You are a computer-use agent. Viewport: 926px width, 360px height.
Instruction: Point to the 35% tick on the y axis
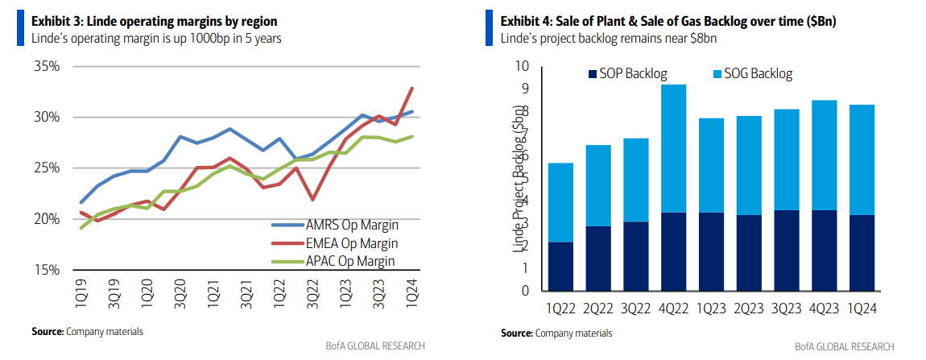pos(45,66)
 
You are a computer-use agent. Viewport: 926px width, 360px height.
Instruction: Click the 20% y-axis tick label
pos(45,219)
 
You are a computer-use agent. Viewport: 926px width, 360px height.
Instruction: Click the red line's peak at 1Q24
pos(412,88)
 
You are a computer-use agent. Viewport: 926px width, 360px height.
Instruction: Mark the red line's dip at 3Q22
pos(312,200)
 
